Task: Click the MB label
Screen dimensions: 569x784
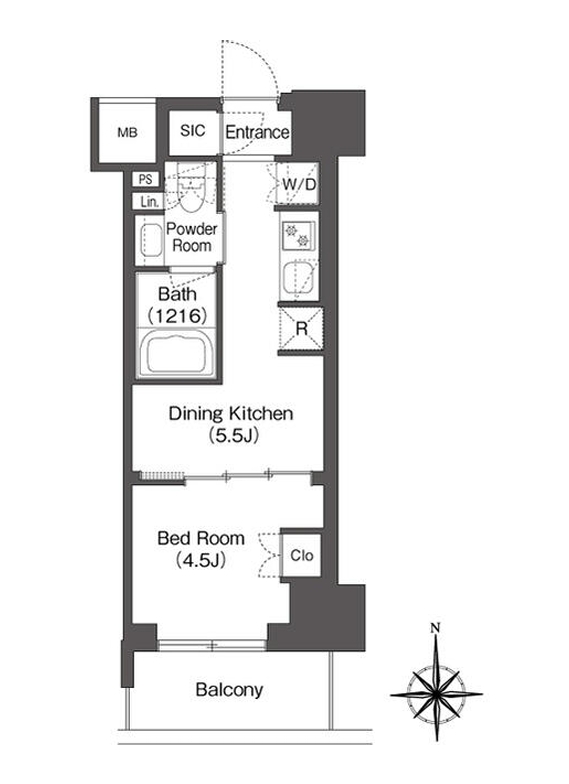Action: [x=128, y=132]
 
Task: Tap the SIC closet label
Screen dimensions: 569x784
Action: [x=192, y=130]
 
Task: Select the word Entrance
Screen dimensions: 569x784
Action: [x=257, y=132]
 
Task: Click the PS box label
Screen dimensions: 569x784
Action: [x=146, y=179]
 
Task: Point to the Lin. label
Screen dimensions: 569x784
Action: [x=150, y=202]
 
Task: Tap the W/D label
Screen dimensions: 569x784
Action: [x=299, y=184]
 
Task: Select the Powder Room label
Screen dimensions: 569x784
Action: [x=192, y=237]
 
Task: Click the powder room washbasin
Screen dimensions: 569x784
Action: [x=150, y=240]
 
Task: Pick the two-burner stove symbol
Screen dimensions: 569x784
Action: [x=297, y=236]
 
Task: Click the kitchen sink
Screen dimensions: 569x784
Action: [x=298, y=279]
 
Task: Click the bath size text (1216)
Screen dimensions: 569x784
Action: [x=178, y=316]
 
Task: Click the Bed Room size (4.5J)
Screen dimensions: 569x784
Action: [x=201, y=560]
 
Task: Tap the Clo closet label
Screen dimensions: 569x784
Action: [x=302, y=556]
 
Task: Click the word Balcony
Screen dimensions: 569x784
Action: [x=229, y=690]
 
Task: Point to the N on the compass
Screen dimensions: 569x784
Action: [x=436, y=628]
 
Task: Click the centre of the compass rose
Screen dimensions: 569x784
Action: [x=436, y=694]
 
